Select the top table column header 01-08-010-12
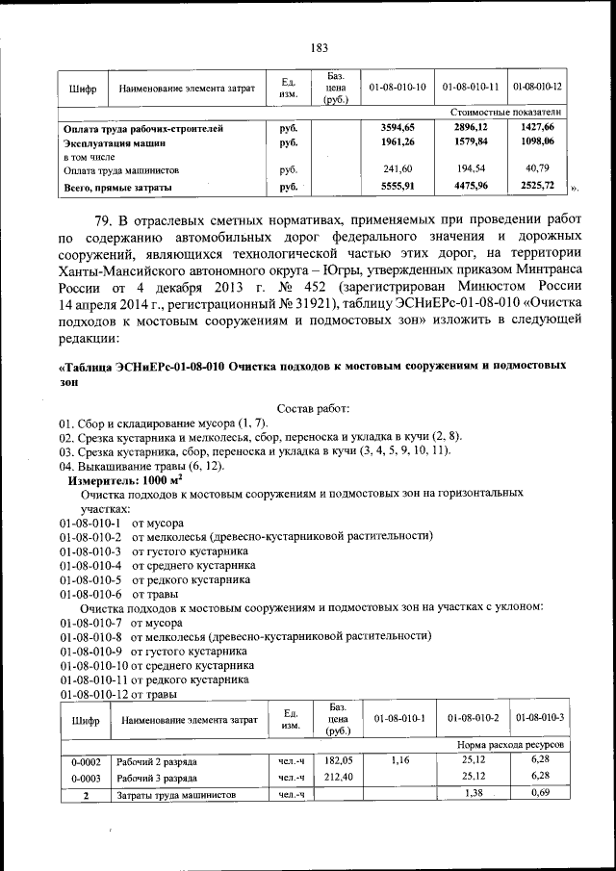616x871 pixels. pyautogui.click(x=537, y=87)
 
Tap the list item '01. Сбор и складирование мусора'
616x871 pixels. pyautogui.click(x=164, y=424)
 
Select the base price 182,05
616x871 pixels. pyautogui.click(x=337, y=760)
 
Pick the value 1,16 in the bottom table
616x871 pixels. pyautogui.click(x=399, y=760)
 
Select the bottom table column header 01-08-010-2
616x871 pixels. pyautogui.click(x=472, y=719)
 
